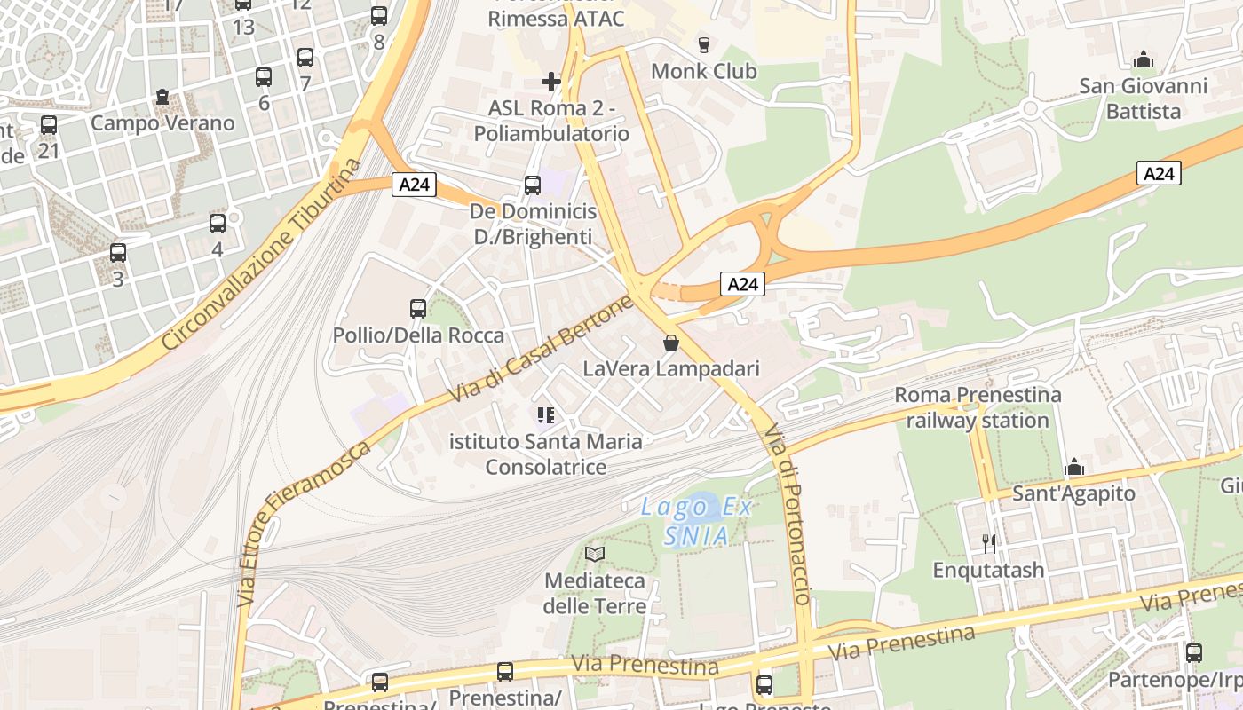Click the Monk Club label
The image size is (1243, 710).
coord(703,71)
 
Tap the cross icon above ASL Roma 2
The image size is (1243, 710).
coord(551,83)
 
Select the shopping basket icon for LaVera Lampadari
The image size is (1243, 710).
coord(671,343)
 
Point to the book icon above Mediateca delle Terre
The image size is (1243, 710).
coord(595,555)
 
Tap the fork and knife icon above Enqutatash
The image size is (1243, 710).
coord(988,542)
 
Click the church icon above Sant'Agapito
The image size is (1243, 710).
coord(1074,467)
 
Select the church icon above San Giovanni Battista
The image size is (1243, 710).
coord(1144,59)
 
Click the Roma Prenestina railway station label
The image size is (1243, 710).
coord(978,407)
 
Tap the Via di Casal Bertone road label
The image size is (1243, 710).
coord(542,349)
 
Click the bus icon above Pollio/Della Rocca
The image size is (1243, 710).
coord(418,309)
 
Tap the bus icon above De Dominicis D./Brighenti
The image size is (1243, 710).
coord(533,185)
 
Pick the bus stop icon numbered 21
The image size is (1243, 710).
coord(49,126)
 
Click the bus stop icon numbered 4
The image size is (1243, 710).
coord(218,224)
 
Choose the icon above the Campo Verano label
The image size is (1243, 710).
coord(162,97)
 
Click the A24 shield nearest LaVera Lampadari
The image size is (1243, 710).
coord(742,284)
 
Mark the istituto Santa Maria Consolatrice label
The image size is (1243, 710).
coord(546,454)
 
